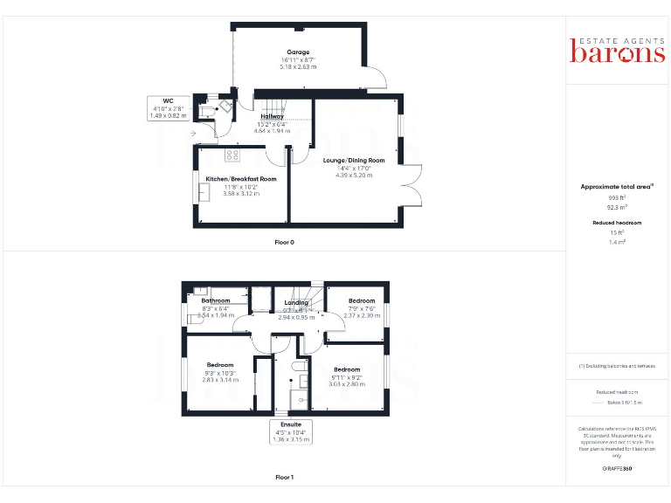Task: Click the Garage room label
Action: (x=298, y=52)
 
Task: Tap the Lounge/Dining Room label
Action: (x=354, y=161)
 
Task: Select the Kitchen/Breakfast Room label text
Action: (x=241, y=179)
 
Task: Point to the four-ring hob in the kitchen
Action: (x=232, y=155)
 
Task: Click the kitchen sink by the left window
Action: (x=204, y=194)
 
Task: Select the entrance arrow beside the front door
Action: (x=194, y=133)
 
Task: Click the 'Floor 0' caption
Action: (x=284, y=242)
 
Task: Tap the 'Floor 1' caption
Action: (x=284, y=478)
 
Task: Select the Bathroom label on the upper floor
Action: (x=216, y=300)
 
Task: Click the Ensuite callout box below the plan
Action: (x=292, y=432)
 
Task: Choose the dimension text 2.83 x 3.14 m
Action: (x=220, y=380)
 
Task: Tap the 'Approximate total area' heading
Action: (x=617, y=187)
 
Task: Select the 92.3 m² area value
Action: (x=618, y=207)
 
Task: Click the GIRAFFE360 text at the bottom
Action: (x=618, y=469)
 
